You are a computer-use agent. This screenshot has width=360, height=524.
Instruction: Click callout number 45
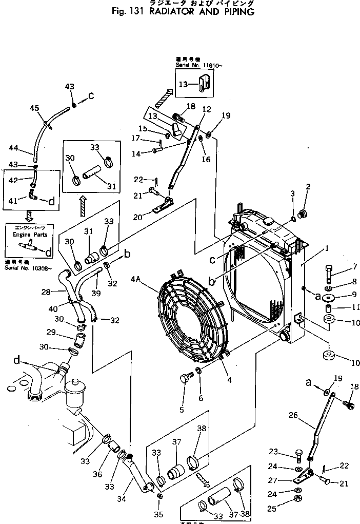click(34, 108)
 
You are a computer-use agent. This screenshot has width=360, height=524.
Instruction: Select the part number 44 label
click(14, 148)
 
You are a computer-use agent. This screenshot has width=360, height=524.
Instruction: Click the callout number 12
click(206, 109)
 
